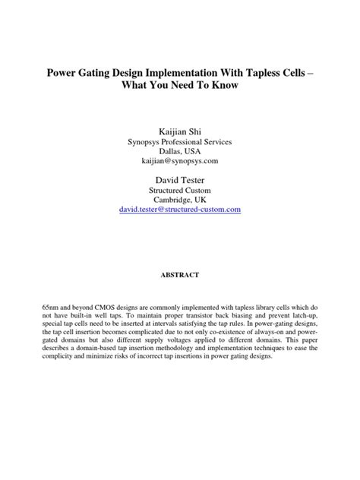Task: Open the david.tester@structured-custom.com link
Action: (x=179, y=208)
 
